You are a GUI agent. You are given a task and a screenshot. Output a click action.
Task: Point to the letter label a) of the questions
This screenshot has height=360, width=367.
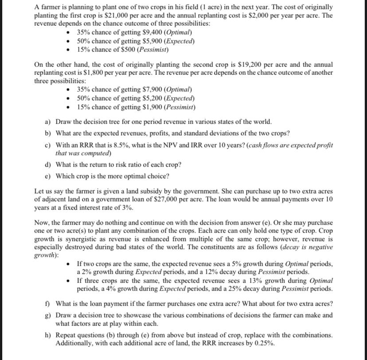[48, 121]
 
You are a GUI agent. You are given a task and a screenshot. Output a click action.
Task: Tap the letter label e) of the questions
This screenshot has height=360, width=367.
[48, 176]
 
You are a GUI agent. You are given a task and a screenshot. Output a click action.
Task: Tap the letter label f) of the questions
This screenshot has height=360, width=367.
[48, 303]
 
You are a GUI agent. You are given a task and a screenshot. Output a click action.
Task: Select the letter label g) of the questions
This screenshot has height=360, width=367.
[48, 315]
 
